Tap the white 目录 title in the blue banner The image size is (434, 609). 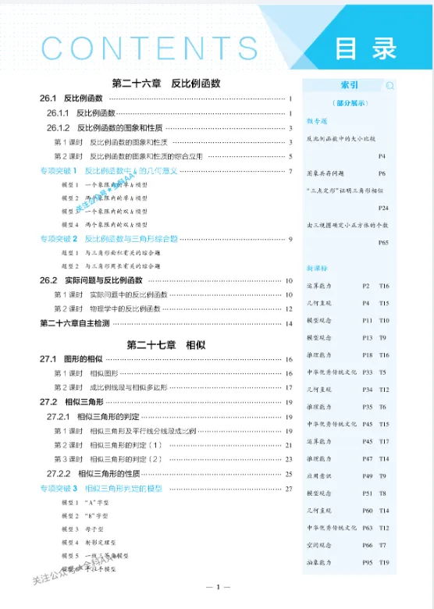click(x=366, y=48)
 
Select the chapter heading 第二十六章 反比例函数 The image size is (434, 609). click(x=166, y=83)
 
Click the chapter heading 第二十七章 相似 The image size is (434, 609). click(x=166, y=344)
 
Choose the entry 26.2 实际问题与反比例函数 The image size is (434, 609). click(x=91, y=280)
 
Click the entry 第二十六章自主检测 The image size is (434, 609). click(x=75, y=322)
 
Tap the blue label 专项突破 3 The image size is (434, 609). click(x=60, y=488)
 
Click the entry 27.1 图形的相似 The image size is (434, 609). click(x=71, y=358)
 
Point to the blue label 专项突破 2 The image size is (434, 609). click(x=60, y=238)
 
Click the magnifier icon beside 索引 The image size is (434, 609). click(x=390, y=86)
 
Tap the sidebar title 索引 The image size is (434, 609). click(x=349, y=85)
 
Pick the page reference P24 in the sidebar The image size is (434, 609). click(x=382, y=208)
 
